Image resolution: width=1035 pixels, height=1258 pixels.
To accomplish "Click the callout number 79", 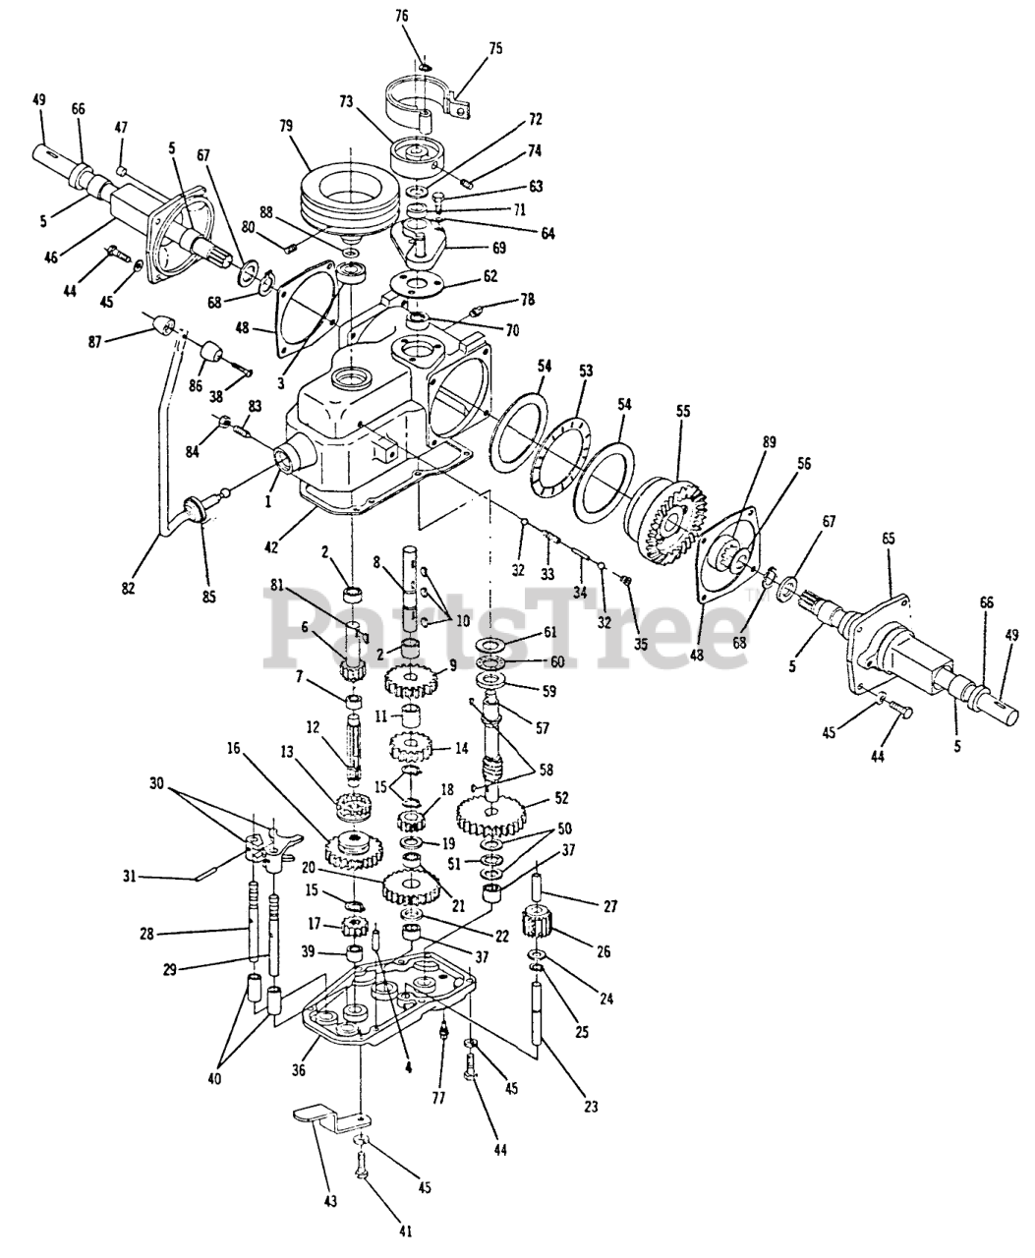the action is click(286, 127).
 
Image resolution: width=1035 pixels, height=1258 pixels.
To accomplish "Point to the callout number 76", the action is click(402, 16).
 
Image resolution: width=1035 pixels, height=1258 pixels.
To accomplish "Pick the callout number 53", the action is click(585, 371).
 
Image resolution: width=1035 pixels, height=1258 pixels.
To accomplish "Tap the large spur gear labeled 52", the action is click(489, 814).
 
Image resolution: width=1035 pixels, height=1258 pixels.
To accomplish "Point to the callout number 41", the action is click(406, 1230).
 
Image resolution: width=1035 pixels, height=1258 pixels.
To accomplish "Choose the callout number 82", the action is click(128, 588).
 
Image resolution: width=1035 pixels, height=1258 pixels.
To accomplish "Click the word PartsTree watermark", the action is click(505, 626).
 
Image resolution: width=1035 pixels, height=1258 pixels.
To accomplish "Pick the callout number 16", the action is click(234, 748).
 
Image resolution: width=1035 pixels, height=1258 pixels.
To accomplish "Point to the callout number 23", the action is click(590, 1107).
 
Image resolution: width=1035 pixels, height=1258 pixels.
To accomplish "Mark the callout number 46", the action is click(51, 257).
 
